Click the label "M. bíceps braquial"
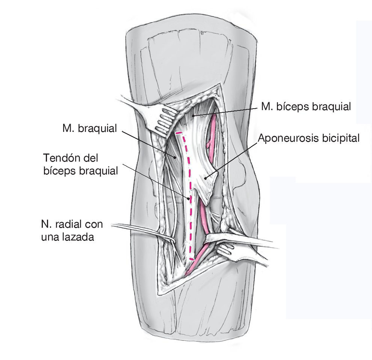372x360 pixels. tap(306, 107)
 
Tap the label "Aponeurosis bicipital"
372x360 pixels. tap(308, 138)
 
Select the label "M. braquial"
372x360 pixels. tap(90, 129)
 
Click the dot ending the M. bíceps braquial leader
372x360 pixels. tap(193, 116)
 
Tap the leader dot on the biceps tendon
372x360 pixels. tap(189, 198)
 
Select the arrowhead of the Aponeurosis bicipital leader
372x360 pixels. tap(205, 178)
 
